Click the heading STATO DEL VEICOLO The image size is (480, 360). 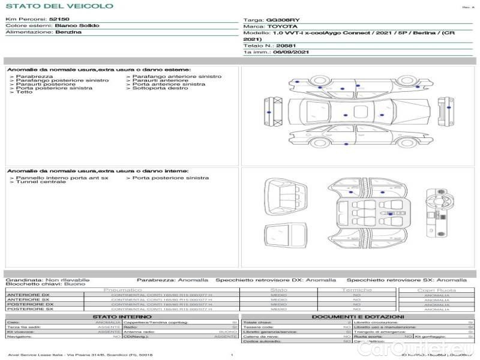point(59,6)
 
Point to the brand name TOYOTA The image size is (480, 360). point(282,27)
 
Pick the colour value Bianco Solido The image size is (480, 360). point(77,26)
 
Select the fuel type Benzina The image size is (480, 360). point(68,32)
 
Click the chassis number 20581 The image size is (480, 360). point(287,46)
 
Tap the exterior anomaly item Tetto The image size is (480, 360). point(24,92)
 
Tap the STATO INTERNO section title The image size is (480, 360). point(122,317)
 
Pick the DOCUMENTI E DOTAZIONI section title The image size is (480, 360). point(358,317)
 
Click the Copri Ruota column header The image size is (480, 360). point(436,290)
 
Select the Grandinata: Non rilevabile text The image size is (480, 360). point(47,280)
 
